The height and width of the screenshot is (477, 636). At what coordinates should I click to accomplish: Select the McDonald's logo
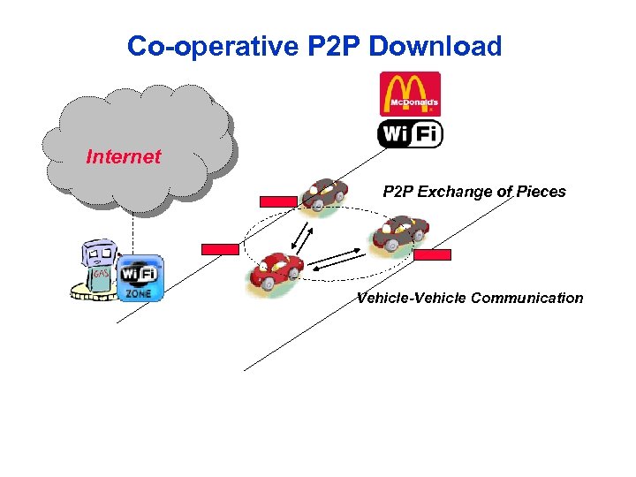coord(409,94)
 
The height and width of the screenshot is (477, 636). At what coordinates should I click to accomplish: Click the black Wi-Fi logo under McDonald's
coord(410,134)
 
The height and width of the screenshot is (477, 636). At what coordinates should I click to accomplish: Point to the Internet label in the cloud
coord(124,157)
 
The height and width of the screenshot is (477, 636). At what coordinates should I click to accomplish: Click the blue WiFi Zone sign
coord(140,278)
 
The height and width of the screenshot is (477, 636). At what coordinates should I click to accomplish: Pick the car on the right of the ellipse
coord(399,235)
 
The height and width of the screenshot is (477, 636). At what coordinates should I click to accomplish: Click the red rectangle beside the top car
coord(279,201)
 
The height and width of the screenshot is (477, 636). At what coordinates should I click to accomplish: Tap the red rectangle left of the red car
coord(220,249)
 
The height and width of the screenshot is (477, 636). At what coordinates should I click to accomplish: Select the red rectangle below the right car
coord(433,254)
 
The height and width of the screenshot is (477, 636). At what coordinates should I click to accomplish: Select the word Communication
coord(527,298)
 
